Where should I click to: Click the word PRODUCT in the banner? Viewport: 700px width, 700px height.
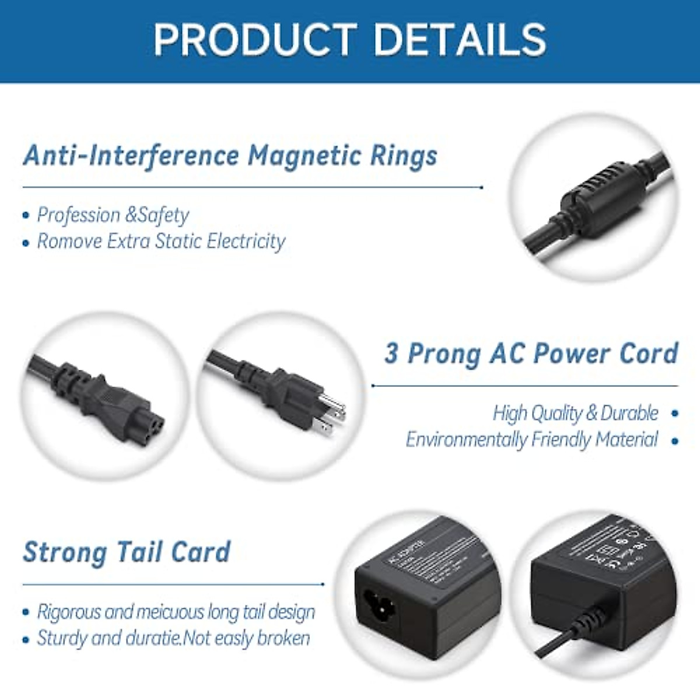click(255, 40)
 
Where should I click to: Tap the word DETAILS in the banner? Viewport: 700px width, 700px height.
click(459, 40)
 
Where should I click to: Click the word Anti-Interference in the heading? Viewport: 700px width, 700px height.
click(131, 156)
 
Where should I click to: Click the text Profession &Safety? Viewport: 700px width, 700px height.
click(113, 215)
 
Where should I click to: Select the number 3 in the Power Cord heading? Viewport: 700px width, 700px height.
click(391, 353)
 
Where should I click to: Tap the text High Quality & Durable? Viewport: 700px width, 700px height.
click(575, 413)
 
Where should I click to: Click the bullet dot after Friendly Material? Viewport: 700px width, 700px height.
click(675, 440)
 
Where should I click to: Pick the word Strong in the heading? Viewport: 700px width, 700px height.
click(65, 552)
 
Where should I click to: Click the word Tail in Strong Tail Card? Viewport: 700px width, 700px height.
click(139, 552)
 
